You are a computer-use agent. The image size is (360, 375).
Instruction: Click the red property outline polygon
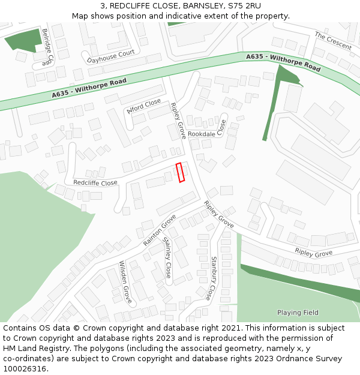click(x=180, y=172)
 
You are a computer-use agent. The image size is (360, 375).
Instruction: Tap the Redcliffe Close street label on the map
click(x=95, y=183)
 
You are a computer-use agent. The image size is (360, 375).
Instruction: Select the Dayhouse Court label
click(x=110, y=53)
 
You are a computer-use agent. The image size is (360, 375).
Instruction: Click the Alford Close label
click(x=144, y=107)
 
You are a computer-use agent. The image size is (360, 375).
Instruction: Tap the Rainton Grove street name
click(x=159, y=230)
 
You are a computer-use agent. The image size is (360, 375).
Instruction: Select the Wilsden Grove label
click(x=125, y=281)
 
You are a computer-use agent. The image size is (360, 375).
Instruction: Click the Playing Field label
click(x=298, y=313)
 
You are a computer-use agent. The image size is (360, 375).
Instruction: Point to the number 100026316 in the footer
click(x=26, y=368)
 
